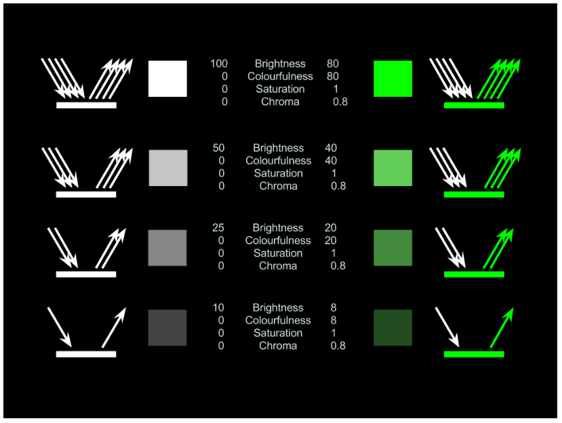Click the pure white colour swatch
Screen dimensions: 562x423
click(167, 79)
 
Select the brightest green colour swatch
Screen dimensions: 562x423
click(393, 79)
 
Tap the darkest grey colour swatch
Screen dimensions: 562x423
click(167, 328)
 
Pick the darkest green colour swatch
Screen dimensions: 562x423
click(393, 328)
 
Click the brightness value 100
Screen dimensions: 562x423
click(219, 64)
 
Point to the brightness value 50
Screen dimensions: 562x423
click(218, 148)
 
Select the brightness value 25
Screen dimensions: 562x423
click(218, 227)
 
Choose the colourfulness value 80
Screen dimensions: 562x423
click(332, 76)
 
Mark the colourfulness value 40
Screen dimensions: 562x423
click(331, 160)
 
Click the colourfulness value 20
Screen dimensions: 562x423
click(331, 240)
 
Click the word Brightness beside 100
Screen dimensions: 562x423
click(280, 64)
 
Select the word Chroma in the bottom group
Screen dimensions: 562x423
click(278, 346)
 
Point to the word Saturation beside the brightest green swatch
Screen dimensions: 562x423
click(280, 89)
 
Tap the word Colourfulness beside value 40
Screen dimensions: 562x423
click(278, 160)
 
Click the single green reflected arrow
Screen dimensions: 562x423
click(502, 328)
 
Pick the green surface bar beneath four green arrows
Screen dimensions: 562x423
click(474, 105)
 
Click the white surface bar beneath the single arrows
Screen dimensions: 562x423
click(86, 354)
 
